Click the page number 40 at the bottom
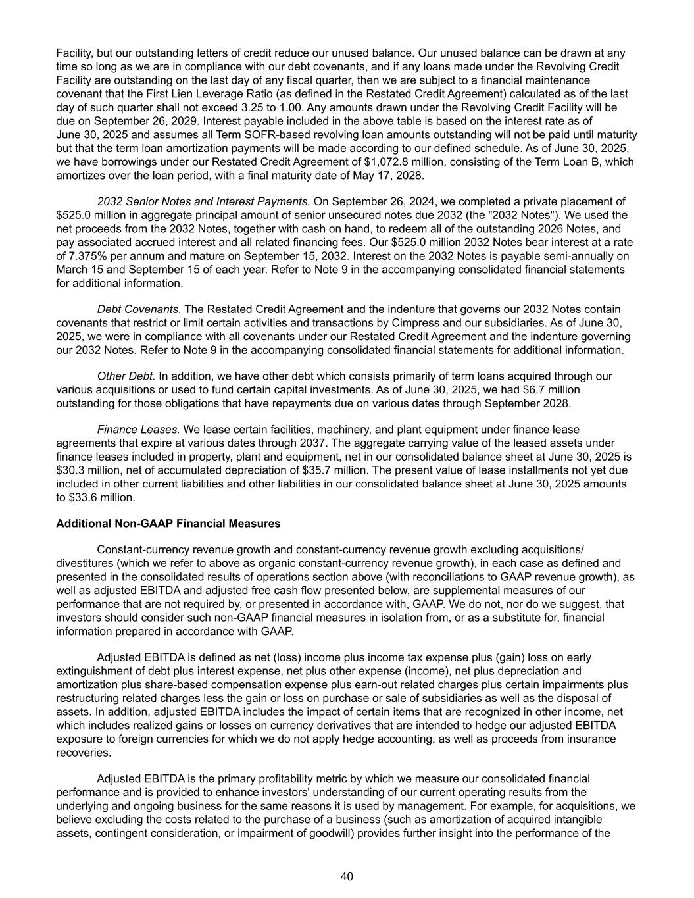coord(347,876)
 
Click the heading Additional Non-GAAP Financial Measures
coord(168,524)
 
